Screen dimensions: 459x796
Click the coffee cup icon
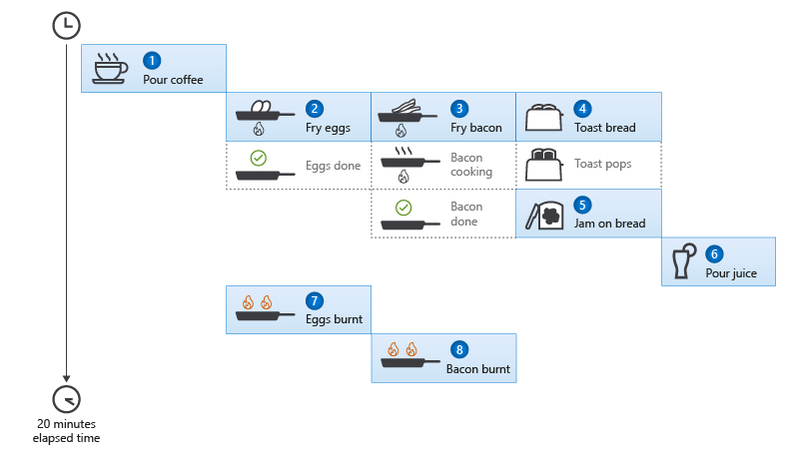point(110,68)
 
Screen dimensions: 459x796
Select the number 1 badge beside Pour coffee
point(151,60)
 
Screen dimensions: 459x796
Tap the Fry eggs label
point(327,128)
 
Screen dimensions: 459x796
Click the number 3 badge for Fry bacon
point(459,108)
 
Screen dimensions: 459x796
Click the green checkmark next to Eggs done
point(258,158)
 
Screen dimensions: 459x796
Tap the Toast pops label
point(603,163)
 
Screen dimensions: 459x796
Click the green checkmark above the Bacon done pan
point(403,207)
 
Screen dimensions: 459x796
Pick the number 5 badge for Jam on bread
point(583,204)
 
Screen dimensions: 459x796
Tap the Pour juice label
point(731,272)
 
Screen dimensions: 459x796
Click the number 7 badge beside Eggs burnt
point(315,300)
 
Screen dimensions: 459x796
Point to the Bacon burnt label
point(478,368)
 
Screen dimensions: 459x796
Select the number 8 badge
point(459,349)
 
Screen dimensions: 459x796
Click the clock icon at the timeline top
point(66,26)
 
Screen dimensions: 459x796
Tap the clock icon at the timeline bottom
point(66,396)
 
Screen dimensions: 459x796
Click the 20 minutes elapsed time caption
point(66,430)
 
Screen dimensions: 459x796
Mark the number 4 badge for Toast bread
point(583,108)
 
